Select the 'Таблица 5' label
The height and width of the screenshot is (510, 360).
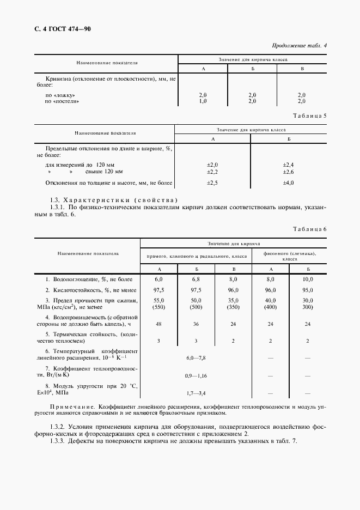pyautogui.click(x=309, y=116)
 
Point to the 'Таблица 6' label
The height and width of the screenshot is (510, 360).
pyautogui.click(x=309, y=229)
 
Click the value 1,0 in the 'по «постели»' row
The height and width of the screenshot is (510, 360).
pyautogui.click(x=203, y=101)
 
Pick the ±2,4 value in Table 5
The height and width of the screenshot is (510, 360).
pyautogui.click(x=288, y=164)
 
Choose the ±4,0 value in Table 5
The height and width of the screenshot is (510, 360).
pyautogui.click(x=288, y=183)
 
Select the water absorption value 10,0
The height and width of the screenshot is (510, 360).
pyautogui.click(x=308, y=278)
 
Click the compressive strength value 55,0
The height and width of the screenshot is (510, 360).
pyautogui.click(x=159, y=300)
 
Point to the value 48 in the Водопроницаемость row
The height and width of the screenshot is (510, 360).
pyautogui.click(x=159, y=323)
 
